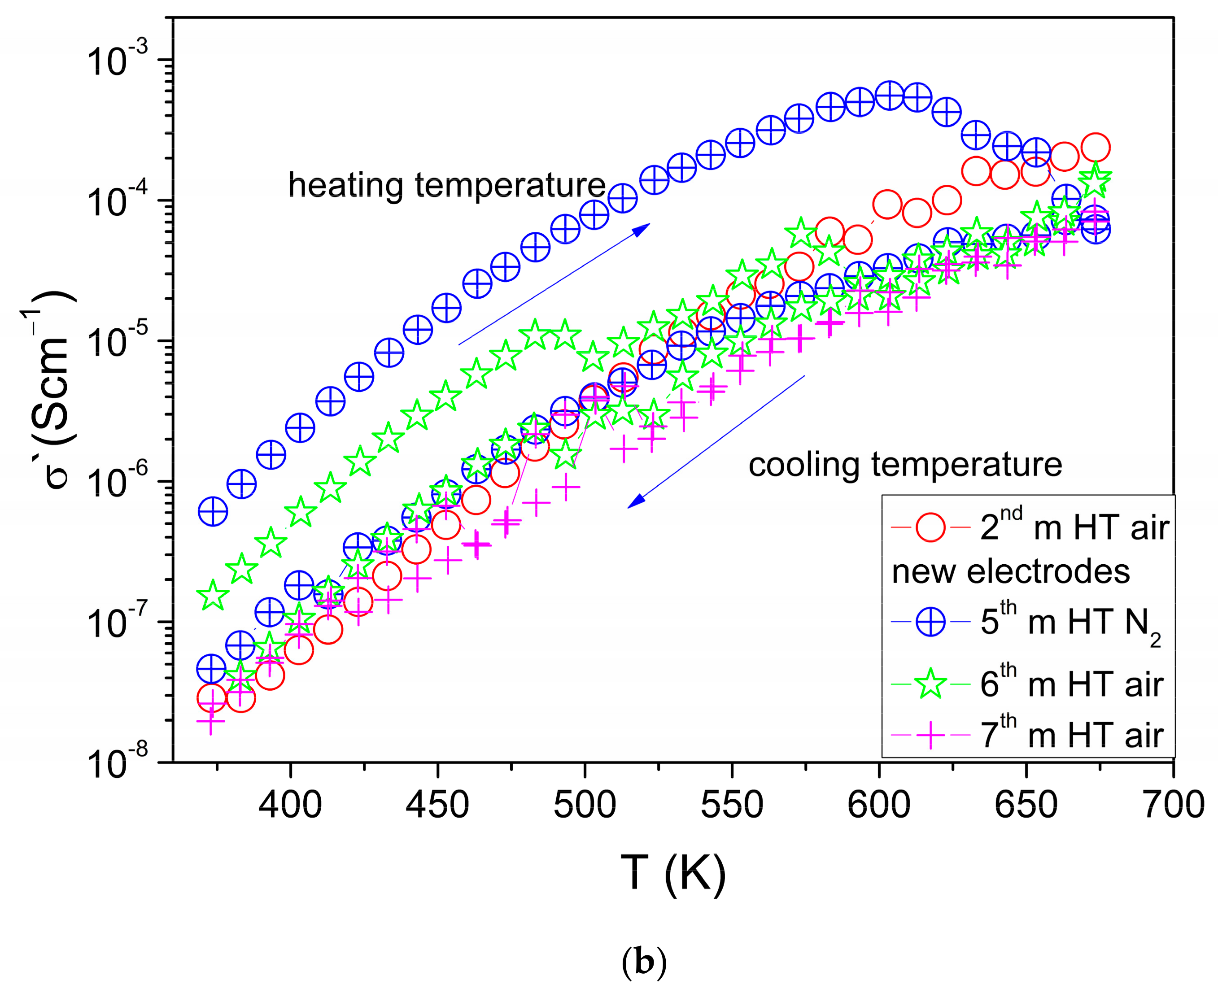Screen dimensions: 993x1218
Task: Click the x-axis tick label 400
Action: [290, 806]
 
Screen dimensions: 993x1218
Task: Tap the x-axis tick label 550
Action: [732, 806]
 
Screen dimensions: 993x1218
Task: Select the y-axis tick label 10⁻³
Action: [117, 60]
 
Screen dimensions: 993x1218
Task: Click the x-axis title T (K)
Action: [673, 873]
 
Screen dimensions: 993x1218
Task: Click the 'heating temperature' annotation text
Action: [446, 185]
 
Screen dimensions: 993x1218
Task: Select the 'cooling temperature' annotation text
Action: [905, 465]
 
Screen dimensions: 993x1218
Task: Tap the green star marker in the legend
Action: [930, 684]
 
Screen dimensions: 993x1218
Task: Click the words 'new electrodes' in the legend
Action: [1010, 572]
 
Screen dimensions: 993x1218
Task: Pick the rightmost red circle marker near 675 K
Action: [1095, 148]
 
